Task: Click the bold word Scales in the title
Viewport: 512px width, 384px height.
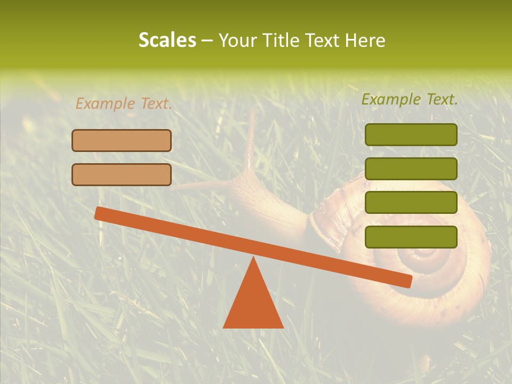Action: pos(167,40)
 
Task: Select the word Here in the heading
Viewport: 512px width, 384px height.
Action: pos(364,40)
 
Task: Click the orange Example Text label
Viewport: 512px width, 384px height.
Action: pos(124,103)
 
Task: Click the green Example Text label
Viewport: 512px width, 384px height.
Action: pos(410,99)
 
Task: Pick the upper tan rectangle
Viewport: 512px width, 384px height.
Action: pos(122,140)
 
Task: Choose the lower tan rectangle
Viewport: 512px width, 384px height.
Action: pos(122,174)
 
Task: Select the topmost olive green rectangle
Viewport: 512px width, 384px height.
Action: pos(411,134)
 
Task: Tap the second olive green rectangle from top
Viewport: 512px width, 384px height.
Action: pos(411,169)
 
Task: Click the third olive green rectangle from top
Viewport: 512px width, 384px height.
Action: pos(411,203)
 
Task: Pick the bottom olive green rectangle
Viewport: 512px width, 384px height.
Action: pos(411,237)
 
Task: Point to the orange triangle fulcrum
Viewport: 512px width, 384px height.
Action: pos(253,299)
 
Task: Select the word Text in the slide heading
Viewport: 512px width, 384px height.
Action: pos(322,40)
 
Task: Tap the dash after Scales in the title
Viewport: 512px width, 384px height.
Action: pos(207,40)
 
